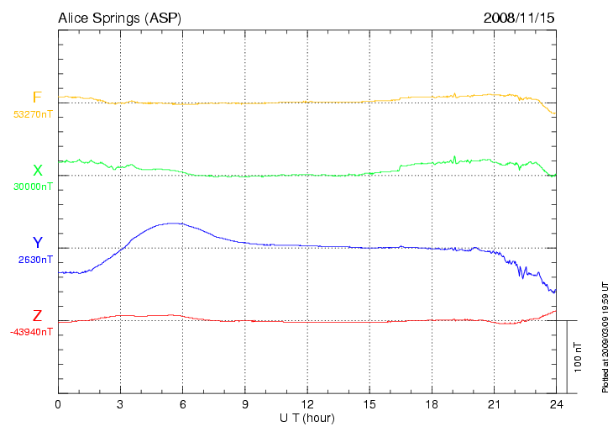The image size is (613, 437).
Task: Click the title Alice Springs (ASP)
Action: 118,18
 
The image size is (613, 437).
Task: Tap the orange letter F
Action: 37,97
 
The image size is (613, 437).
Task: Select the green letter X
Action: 37,171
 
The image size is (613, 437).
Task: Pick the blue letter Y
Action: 37,244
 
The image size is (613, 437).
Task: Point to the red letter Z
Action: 37,316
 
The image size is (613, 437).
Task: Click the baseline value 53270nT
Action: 33,113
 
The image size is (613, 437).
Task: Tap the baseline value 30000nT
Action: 33,187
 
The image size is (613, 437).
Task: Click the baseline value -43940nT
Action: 32,332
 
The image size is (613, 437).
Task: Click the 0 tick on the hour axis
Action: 58,404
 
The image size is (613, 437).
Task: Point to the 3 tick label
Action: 120,404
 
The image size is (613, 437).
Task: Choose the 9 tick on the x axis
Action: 245,404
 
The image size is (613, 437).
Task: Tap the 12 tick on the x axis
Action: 307,404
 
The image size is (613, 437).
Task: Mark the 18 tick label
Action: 432,404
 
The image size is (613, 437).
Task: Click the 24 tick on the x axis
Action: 556,404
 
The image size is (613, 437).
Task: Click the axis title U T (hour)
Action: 307,418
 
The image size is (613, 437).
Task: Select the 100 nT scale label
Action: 579,357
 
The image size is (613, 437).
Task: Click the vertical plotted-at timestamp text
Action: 605,336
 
